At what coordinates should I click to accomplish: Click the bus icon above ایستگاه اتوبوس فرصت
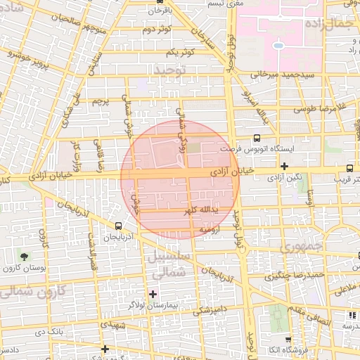click(x=256, y=139)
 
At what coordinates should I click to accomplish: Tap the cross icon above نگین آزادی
click(x=284, y=167)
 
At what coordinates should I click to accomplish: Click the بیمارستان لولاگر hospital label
click(x=153, y=305)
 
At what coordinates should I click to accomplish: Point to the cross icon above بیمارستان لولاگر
click(x=153, y=293)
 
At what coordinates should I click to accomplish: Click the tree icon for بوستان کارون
click(x=25, y=256)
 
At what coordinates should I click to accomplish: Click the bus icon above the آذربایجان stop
click(x=117, y=226)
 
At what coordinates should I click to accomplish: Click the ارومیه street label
click(x=211, y=229)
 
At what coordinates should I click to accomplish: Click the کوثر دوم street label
click(x=157, y=30)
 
